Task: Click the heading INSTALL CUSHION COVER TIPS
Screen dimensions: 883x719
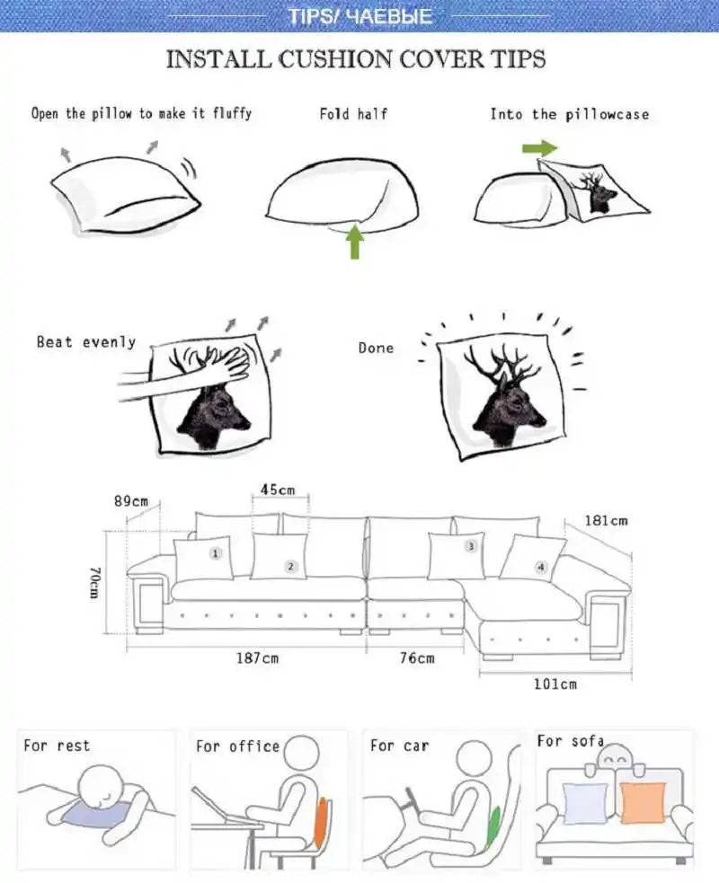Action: tap(356, 60)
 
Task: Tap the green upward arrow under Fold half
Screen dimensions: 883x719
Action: tap(355, 242)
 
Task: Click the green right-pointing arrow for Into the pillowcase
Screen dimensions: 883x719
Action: tap(538, 147)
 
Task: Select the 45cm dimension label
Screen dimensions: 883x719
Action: tap(278, 490)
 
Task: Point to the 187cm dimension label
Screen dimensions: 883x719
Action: tap(258, 658)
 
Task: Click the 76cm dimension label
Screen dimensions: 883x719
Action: tap(416, 658)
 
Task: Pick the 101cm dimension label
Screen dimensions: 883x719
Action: tap(555, 684)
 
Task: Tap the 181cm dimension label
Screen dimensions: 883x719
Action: tap(606, 520)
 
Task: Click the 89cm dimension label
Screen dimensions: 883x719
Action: tap(131, 501)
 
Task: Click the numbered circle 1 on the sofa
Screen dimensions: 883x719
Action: tap(215, 553)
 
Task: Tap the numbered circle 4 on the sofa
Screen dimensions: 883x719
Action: tap(540, 567)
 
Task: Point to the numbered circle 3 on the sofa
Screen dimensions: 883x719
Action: tap(469, 545)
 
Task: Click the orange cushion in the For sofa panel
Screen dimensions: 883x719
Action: tap(643, 802)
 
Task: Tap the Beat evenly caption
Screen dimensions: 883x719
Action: tap(86, 342)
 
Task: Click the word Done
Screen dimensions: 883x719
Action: tap(376, 348)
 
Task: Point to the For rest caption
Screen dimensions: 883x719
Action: tap(57, 746)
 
